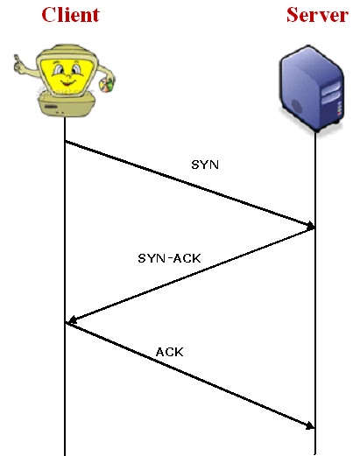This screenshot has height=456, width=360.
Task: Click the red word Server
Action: pos(316,15)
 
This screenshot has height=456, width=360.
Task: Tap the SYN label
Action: pos(204,164)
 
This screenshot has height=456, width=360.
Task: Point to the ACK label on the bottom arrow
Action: pos(169,351)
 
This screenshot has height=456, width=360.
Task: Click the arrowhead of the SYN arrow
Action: pos(310,228)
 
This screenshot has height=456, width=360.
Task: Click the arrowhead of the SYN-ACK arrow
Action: pos(72,322)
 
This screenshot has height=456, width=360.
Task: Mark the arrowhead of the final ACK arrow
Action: pos(310,425)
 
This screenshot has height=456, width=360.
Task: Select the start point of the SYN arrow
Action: pos(66,143)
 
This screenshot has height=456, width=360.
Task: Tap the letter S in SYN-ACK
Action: pos(142,258)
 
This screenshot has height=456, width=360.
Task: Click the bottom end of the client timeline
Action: pos(66,453)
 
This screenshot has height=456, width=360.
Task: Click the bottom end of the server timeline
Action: pos(314,453)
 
